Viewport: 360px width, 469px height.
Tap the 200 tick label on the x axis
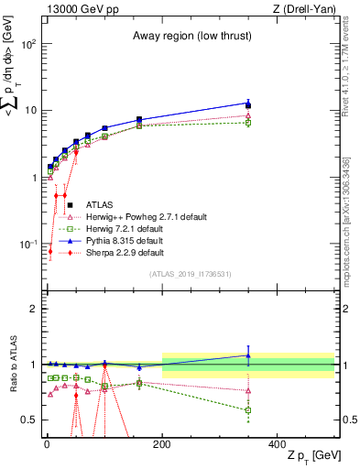162,444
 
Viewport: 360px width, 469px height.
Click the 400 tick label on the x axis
277,444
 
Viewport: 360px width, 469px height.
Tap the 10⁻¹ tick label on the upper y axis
27,244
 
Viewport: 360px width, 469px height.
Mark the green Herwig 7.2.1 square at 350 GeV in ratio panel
248,409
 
